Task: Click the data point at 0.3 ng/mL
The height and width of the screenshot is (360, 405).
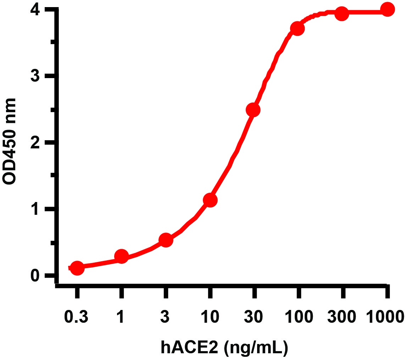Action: click(77, 268)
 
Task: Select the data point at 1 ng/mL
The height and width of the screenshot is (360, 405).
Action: click(121, 256)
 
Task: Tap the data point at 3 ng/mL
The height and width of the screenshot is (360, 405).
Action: click(166, 240)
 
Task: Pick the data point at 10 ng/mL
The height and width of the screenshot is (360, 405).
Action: click(210, 200)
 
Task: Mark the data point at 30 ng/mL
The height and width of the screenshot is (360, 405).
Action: click(253, 110)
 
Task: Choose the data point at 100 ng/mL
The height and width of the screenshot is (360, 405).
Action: click(297, 28)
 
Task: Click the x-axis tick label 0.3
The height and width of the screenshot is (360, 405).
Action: click(77, 316)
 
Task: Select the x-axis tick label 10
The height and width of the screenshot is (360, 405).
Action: click(210, 316)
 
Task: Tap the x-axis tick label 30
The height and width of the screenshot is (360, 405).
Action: click(254, 316)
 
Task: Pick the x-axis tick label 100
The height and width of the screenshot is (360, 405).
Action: click(298, 316)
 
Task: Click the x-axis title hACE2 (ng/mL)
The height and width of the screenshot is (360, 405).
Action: click(224, 348)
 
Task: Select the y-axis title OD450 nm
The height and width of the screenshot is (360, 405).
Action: click(10, 141)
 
